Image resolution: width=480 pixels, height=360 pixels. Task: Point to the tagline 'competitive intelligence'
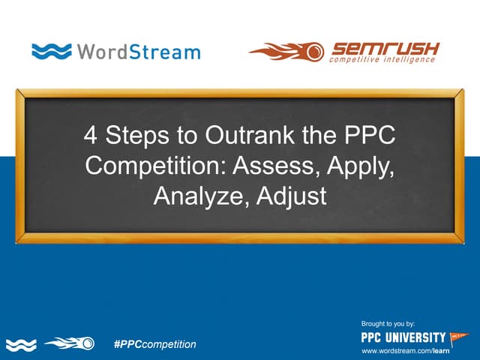(x=382, y=60)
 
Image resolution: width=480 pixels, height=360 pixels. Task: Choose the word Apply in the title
(x=355, y=166)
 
